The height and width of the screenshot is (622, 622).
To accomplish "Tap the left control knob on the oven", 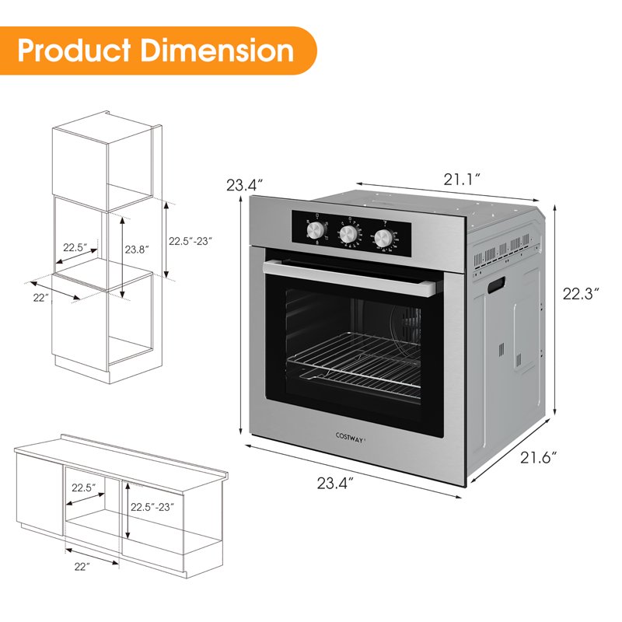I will point(316,231).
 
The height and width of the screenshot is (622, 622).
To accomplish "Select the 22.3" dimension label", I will point(582,294).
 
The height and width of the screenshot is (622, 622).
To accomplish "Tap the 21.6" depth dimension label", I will point(539,458).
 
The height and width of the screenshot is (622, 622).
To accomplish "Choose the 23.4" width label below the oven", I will point(336,484).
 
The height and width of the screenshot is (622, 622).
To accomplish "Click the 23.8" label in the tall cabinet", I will point(137,249).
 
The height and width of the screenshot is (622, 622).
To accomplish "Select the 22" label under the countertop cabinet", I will point(82,567).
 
